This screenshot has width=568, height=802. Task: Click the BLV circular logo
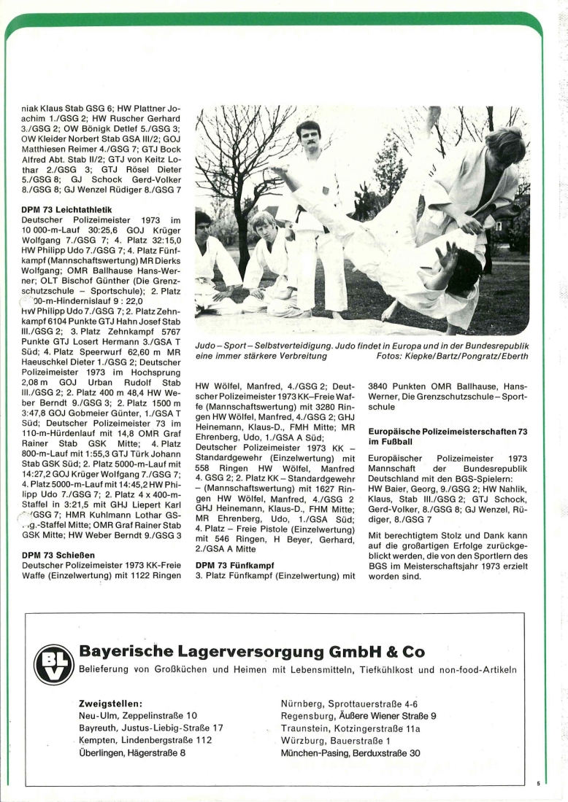click(54, 664)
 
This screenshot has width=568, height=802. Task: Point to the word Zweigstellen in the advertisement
click(110, 704)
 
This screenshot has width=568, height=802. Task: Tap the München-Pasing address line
click(350, 753)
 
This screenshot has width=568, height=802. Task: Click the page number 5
click(538, 784)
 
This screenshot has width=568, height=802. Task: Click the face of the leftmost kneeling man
click(204, 222)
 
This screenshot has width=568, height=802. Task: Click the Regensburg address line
click(358, 716)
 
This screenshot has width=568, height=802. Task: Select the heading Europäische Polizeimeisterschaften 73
click(448, 437)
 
